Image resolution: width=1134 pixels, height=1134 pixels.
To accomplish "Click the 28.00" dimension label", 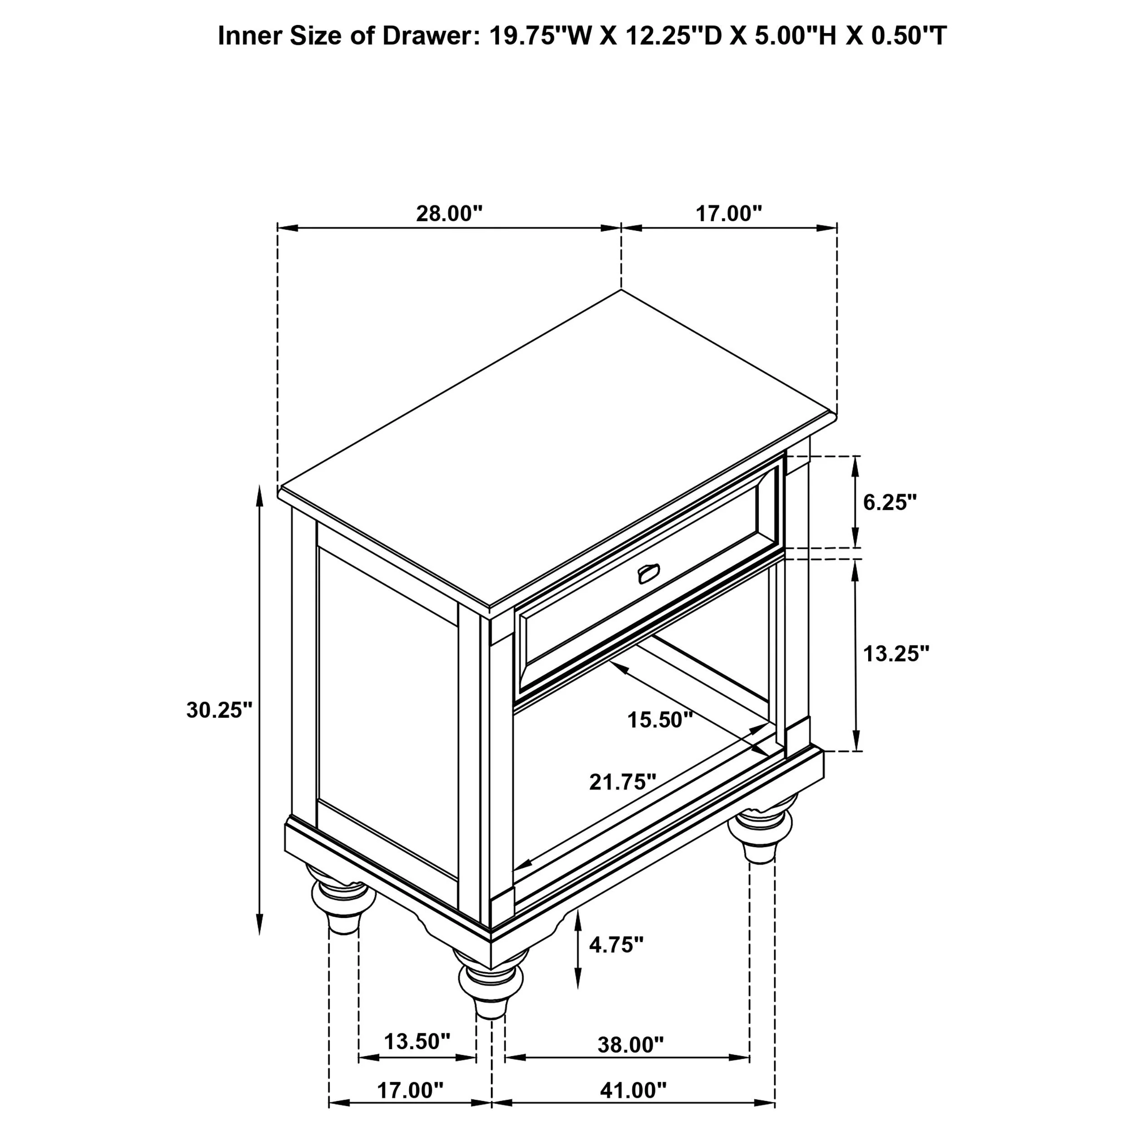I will pyautogui.click(x=449, y=213).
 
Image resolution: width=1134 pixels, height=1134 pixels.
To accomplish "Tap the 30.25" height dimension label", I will pyautogui.click(x=219, y=710).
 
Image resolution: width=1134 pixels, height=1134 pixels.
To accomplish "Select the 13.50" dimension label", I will pyautogui.click(x=417, y=1041).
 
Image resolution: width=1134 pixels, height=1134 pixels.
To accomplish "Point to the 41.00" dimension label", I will pyautogui.click(x=633, y=1090).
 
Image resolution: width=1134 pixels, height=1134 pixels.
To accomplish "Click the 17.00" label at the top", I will pyautogui.click(x=728, y=213).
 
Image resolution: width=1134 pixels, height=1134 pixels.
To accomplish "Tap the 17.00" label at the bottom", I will pyautogui.click(x=410, y=1090).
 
